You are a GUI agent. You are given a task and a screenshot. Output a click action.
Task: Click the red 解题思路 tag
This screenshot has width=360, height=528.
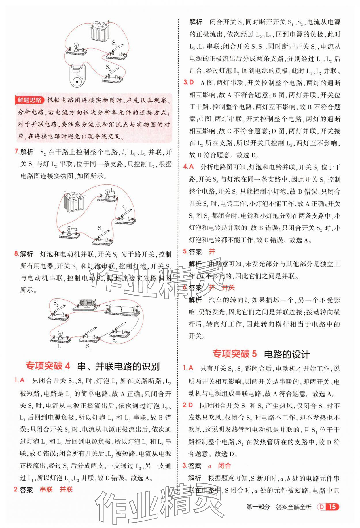[x=29, y=100]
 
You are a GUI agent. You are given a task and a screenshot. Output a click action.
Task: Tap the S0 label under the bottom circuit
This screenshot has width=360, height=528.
[x=115, y=340]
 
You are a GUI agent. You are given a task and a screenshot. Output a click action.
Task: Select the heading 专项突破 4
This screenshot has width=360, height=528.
[x=48, y=366]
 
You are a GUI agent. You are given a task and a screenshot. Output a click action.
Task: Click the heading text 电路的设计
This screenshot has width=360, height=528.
[x=287, y=354]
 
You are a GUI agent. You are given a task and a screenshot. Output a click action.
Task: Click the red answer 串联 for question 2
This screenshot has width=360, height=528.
[x=46, y=489]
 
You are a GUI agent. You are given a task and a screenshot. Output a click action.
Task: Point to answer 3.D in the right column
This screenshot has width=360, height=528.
[x=189, y=83]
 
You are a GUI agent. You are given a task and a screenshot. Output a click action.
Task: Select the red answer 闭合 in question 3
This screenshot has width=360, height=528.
[x=224, y=466]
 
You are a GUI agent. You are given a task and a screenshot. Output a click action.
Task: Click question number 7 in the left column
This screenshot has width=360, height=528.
[x=17, y=152]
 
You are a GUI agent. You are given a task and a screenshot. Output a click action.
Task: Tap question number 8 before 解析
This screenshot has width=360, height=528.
[x=17, y=254]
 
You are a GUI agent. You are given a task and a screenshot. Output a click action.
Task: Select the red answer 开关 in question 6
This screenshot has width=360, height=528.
[x=228, y=287]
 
